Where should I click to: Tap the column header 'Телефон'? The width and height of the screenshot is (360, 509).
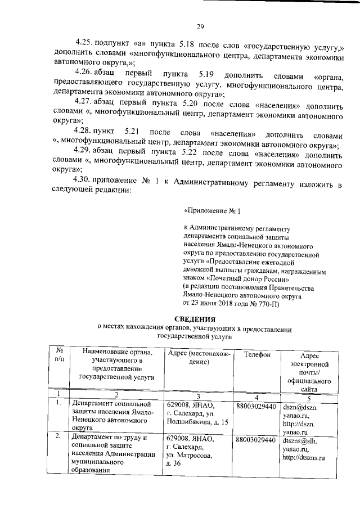click(258, 354)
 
